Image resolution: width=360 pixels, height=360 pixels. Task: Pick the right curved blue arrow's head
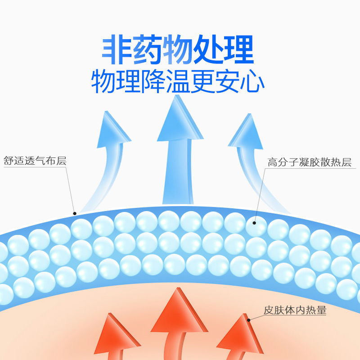[247, 130]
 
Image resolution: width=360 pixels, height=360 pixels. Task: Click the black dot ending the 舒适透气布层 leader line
[75, 213]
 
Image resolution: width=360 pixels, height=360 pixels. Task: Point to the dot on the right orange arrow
[249, 320]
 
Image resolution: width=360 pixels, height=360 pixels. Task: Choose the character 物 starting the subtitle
[104, 82]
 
